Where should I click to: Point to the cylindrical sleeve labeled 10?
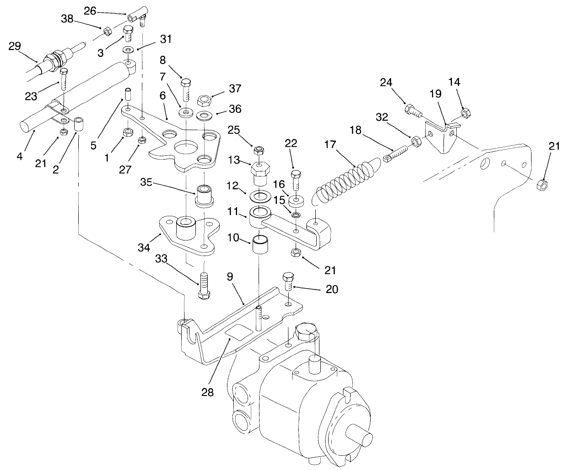260,246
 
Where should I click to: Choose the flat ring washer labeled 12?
260,197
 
